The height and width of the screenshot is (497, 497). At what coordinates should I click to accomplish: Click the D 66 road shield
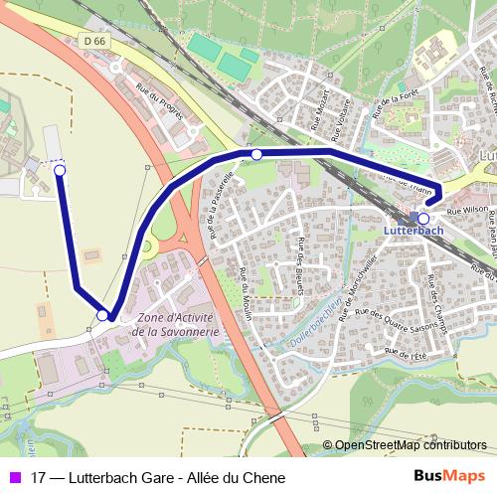tap(94, 41)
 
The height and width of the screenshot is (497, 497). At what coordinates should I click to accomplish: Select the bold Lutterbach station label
tap(413, 230)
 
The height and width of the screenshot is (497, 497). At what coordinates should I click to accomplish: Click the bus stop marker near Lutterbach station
tap(423, 219)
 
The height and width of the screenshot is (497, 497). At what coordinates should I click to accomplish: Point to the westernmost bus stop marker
tap(60, 171)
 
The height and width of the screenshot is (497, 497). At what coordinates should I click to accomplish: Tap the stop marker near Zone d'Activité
tap(102, 315)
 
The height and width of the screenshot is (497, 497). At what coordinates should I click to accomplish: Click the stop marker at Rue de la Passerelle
tap(256, 154)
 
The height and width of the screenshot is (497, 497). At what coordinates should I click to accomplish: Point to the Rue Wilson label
tap(467, 211)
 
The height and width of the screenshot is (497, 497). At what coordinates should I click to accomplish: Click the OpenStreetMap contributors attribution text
tap(410, 445)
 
